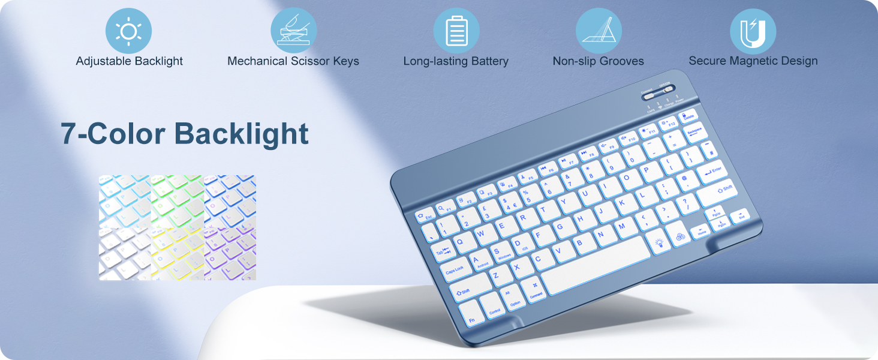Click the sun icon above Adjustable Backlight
tap(128, 31)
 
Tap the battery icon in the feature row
tap(456, 31)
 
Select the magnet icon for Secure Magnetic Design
tap(753, 32)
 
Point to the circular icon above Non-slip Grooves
tap(599, 31)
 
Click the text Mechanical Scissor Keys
tap(293, 61)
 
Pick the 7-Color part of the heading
tap(113, 134)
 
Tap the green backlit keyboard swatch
tap(178, 201)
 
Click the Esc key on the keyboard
tap(425, 215)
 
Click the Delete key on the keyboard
tap(687, 116)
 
